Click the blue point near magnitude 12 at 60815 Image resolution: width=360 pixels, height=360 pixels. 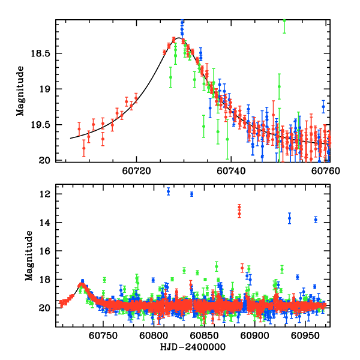pyautogui.click(x=168, y=191)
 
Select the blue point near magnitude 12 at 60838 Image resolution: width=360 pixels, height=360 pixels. pyautogui.click(x=191, y=194)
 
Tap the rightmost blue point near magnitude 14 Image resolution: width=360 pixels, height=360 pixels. pyautogui.click(x=316, y=220)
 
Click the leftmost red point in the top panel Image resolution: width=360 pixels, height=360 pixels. pyautogui.click(x=79, y=129)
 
